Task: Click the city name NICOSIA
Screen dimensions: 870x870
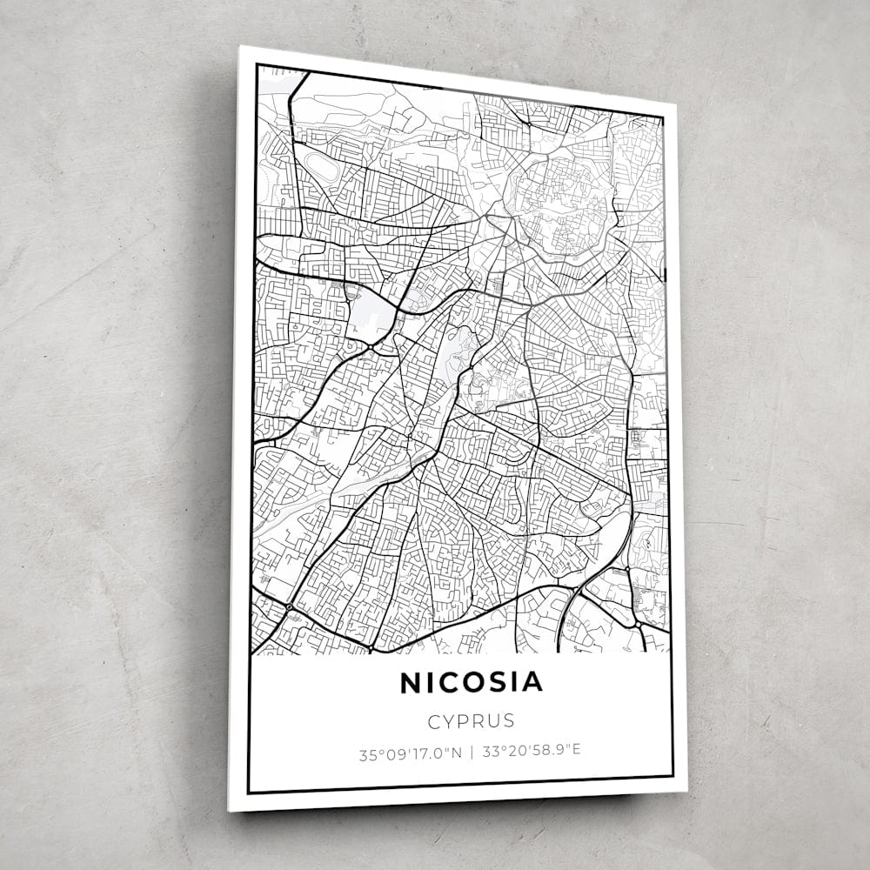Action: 471,683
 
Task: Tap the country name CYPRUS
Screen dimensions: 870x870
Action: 471,721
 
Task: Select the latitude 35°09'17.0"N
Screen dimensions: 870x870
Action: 410,754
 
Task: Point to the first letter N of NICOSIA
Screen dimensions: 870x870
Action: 410,684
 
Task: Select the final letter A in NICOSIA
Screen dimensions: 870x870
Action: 532,682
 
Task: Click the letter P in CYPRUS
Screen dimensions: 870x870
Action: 465,721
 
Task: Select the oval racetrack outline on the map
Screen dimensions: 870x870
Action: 320,165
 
